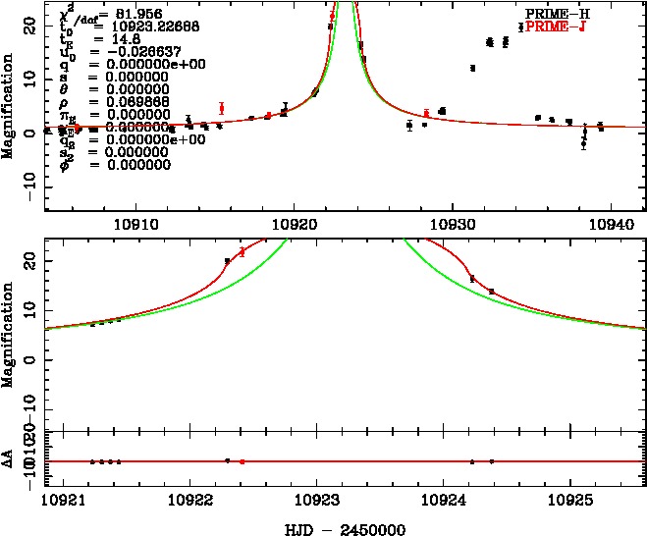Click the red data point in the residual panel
point(243,461)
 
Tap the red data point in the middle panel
point(243,252)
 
